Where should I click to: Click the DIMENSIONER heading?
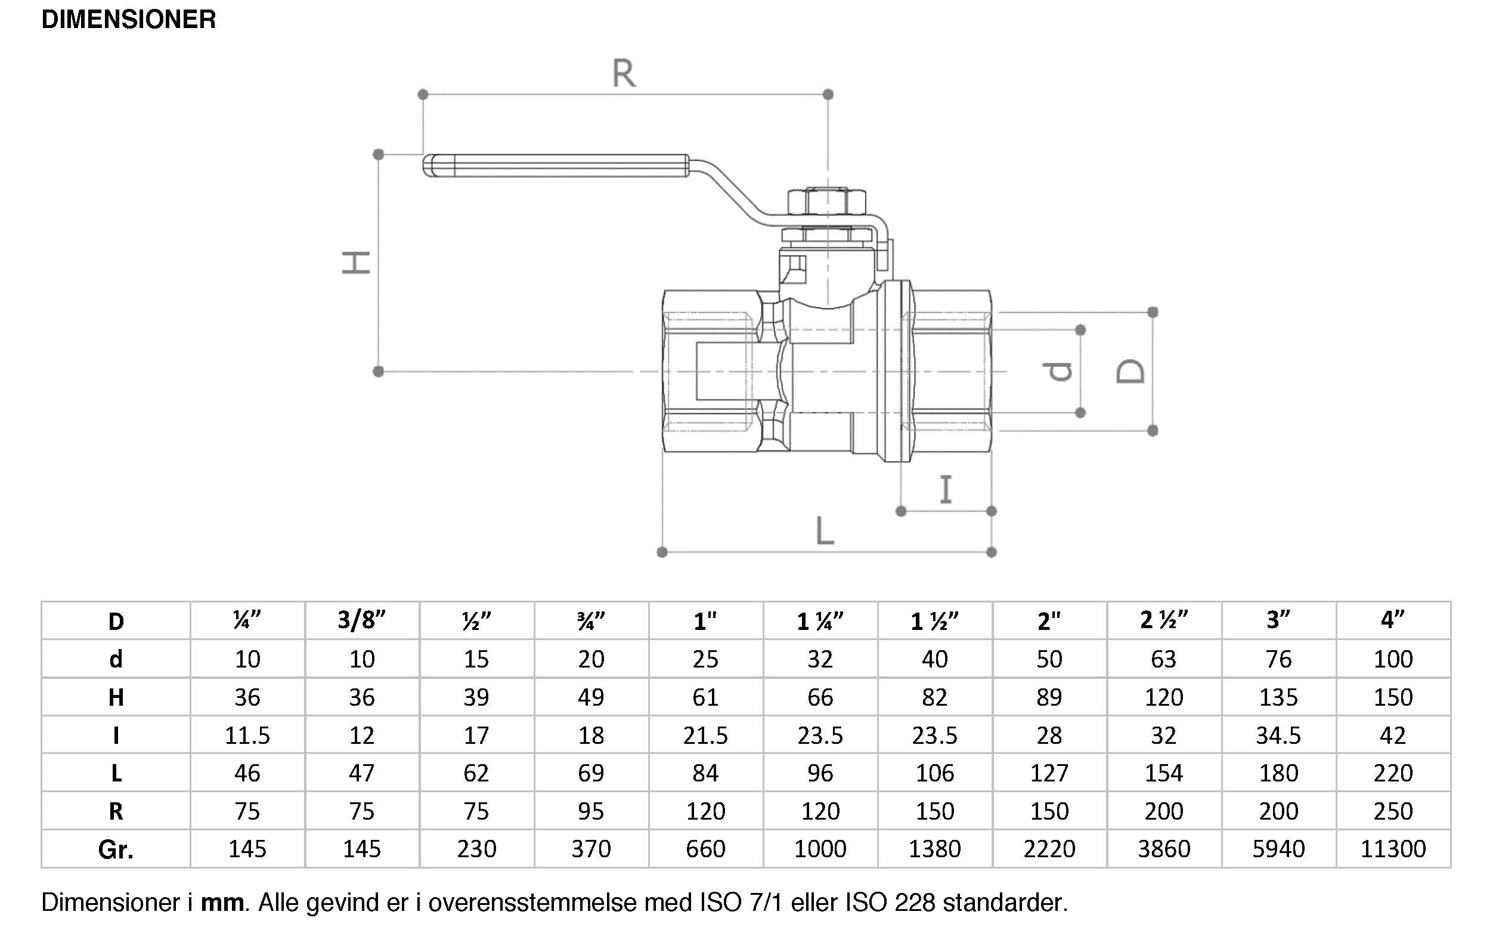(x=129, y=20)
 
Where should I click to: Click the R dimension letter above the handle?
(x=624, y=73)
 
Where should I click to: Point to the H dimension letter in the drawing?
(x=356, y=262)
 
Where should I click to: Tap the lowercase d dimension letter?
(x=1057, y=371)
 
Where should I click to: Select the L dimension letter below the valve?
(x=825, y=531)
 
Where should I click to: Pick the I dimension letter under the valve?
(x=946, y=490)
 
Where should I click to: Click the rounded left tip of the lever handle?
(x=427, y=166)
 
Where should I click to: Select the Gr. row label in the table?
(x=116, y=849)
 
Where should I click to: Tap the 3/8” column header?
(x=361, y=620)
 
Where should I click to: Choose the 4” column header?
(x=1392, y=620)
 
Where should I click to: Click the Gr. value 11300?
(x=1393, y=849)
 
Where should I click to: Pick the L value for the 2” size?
(x=1049, y=773)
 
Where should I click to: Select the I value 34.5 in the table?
(x=1278, y=735)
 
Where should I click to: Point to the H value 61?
(x=705, y=697)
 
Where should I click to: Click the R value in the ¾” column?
(x=591, y=811)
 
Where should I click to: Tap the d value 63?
(x=1164, y=659)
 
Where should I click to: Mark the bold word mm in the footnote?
(x=223, y=903)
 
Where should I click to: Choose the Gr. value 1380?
(x=934, y=849)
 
